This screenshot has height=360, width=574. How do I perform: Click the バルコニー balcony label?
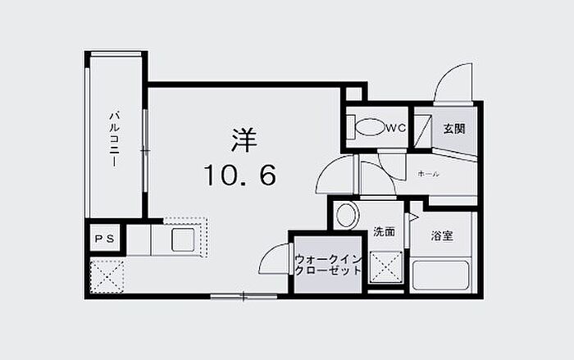pyautogui.click(x=115, y=139)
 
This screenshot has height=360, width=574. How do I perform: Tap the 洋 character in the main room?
pyautogui.click(x=244, y=140)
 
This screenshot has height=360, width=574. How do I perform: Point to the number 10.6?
pyautogui.click(x=239, y=175)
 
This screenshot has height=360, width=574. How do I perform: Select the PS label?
pyautogui.click(x=105, y=239)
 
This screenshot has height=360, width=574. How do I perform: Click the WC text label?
pyautogui.click(x=396, y=128)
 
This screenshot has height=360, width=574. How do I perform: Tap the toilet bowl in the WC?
pyautogui.click(x=369, y=127)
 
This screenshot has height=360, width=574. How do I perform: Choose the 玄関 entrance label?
pyautogui.click(x=454, y=129)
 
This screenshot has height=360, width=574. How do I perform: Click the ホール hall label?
pyautogui.click(x=428, y=174)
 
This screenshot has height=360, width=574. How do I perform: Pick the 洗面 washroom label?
pyautogui.click(x=384, y=232)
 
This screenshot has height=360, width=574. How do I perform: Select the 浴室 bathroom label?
pyautogui.click(x=442, y=236)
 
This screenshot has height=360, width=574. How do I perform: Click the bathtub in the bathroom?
pyautogui.click(x=440, y=274)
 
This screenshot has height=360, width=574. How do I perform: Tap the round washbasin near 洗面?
pyautogui.click(x=346, y=215)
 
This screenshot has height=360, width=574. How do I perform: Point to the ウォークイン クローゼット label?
pyautogui.click(x=328, y=265)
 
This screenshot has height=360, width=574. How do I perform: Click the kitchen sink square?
pyautogui.click(x=183, y=239)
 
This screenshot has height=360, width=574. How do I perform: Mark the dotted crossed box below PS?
pyautogui.click(x=107, y=276)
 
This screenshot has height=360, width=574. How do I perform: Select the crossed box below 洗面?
pyautogui.click(x=386, y=267)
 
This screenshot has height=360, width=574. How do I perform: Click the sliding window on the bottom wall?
pyautogui.click(x=244, y=296)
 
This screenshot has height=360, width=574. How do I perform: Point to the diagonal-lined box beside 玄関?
pyautogui.click(x=423, y=130)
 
